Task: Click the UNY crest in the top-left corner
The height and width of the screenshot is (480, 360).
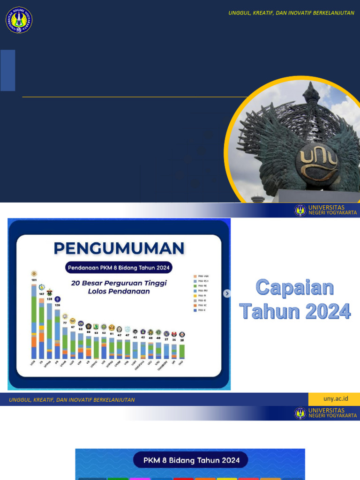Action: [x=19, y=20]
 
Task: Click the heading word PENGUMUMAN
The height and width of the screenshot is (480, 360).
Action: [x=119, y=248]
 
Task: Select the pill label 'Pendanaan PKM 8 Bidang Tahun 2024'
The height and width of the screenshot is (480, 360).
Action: [x=119, y=268]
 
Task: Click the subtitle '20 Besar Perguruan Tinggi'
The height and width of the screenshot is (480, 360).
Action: [x=119, y=283]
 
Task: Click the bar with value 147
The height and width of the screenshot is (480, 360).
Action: [x=42, y=328]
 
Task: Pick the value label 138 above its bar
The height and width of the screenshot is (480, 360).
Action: [x=49, y=299]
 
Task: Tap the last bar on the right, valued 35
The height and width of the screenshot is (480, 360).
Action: [x=182, y=352]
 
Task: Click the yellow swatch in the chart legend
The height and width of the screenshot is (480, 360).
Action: [x=195, y=296]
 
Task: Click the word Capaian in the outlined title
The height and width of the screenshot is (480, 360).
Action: [x=295, y=288]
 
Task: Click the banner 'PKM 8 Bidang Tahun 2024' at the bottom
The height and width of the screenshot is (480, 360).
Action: [x=190, y=460]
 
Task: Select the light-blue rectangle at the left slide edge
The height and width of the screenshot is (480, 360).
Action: [x=7, y=70]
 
